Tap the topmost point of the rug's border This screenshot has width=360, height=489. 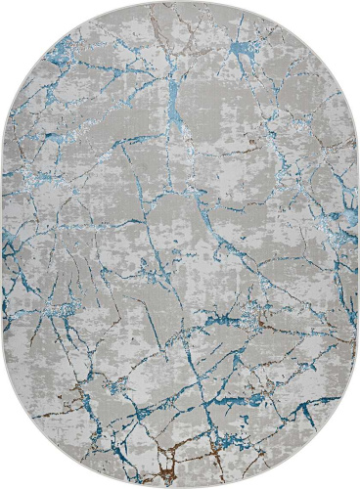point(180,3)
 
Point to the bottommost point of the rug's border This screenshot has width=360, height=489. point(180,486)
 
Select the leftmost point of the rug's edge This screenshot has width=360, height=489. point(3,244)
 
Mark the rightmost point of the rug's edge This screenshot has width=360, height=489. point(357,244)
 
